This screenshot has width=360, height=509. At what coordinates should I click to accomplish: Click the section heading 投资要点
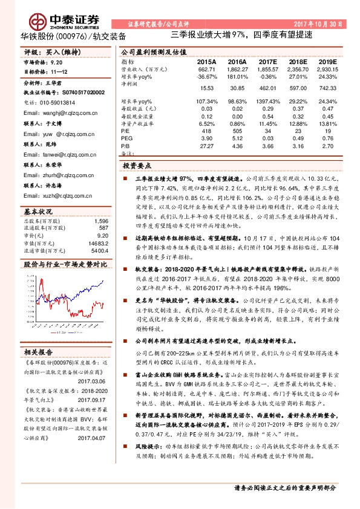(x=137, y=164)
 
